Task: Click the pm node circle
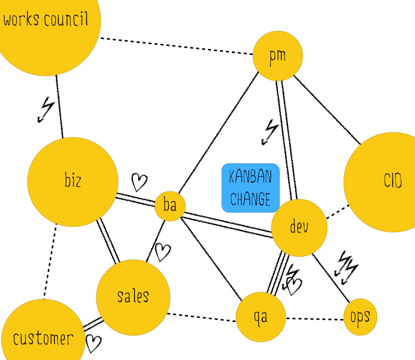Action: click(278, 56)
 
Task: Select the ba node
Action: click(170, 206)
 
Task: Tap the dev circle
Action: click(299, 228)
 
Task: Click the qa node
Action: click(261, 317)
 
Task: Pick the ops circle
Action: click(360, 317)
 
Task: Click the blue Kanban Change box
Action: click(250, 188)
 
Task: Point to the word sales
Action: click(133, 296)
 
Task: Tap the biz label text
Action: click(73, 180)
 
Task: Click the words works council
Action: click(45, 19)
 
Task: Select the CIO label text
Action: click(393, 181)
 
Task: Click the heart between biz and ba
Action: click(139, 182)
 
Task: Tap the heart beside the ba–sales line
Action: click(163, 252)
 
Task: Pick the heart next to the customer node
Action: click(93, 344)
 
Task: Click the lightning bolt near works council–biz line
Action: click(46, 109)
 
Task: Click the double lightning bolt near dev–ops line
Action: click(347, 268)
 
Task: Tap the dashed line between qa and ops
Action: click(315, 319)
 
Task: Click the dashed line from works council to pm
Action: click(177, 46)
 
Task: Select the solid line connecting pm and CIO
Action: click(327, 110)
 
